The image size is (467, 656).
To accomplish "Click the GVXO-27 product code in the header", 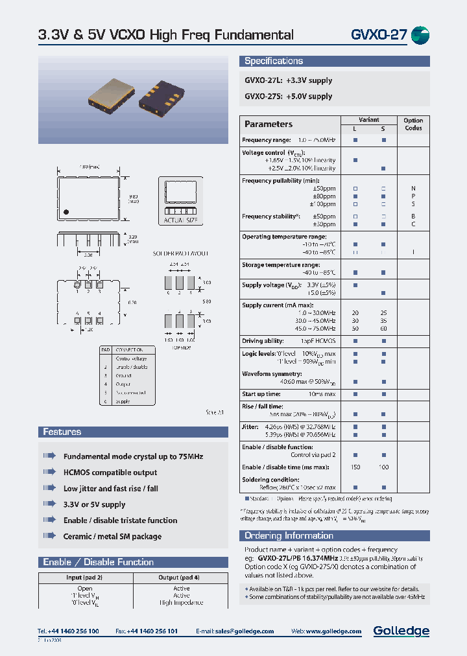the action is click(x=379, y=35).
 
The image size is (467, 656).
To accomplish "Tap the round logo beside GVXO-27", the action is click(x=420, y=35).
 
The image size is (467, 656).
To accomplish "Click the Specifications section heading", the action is click(x=274, y=61).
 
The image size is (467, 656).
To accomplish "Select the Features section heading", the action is click(x=62, y=432).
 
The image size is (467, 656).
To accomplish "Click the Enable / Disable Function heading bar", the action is click(x=98, y=562).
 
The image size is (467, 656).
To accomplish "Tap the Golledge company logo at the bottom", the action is click(x=401, y=631).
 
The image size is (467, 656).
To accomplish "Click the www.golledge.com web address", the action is click(x=333, y=631).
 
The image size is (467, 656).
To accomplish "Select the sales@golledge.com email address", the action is click(x=245, y=631).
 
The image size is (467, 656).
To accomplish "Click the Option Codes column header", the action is click(x=413, y=124).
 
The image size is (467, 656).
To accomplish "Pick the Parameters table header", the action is click(x=269, y=124).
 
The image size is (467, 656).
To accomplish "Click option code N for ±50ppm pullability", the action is click(x=413, y=189).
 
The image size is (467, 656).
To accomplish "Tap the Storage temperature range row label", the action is click(x=280, y=264).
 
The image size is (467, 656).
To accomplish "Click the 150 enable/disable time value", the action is click(x=355, y=467).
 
